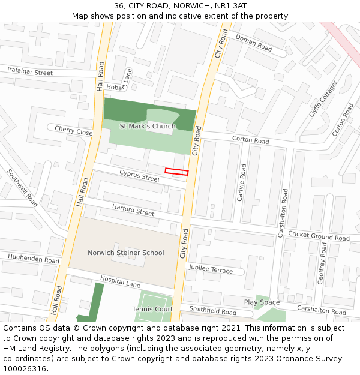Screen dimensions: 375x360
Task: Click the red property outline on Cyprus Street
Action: [x=176, y=172]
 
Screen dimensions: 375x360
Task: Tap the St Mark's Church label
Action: [x=148, y=126]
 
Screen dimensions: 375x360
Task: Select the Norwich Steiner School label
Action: [x=125, y=253]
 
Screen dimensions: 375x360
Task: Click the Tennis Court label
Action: [x=152, y=309]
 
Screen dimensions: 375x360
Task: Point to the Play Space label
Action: [x=262, y=302]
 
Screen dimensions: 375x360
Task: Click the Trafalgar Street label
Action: [x=29, y=72]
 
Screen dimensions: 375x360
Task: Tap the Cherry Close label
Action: [x=73, y=130]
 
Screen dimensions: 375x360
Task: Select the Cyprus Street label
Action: [x=139, y=175]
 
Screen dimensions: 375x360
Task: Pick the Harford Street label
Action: [x=133, y=209]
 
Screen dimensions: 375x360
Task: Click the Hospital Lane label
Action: [x=119, y=282]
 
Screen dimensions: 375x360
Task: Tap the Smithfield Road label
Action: [x=212, y=311]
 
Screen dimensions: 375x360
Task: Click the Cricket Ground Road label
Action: [x=318, y=236]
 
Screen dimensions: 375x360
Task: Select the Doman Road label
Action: [x=254, y=42]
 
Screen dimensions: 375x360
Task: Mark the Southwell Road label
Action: [x=22, y=187]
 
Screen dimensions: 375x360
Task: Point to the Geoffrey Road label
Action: [x=322, y=272]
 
